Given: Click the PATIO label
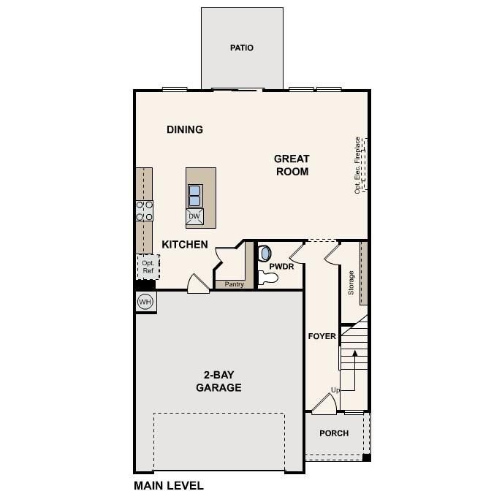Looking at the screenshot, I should pos(242,48).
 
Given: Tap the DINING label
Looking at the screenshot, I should pos(185,130).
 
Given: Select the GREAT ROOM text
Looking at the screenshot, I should pos(292,165).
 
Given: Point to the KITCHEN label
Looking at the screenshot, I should pos(185,245).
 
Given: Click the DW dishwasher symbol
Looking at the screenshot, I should pos(194,216).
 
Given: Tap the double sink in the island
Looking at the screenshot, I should pos(194,196).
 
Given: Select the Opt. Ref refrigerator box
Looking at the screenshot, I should pos(148,267).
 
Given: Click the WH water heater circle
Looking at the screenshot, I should pos(145,302).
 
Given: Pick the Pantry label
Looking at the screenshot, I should pos(234,284).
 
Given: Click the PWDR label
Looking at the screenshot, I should pos(281,267).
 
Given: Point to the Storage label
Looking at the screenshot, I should pos(351,282).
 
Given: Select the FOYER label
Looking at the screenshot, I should pos(322,337).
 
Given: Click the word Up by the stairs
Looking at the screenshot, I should pos(335,391).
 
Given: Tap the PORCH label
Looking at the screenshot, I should pos(333,433).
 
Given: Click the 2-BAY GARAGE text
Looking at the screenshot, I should pos(218,382).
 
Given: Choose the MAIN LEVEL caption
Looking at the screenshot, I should pos(169,485).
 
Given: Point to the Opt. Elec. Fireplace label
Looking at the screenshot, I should pos(357,164).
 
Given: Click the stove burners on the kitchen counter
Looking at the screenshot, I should pos(144,210).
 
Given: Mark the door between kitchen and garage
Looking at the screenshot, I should pos(198,284).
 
